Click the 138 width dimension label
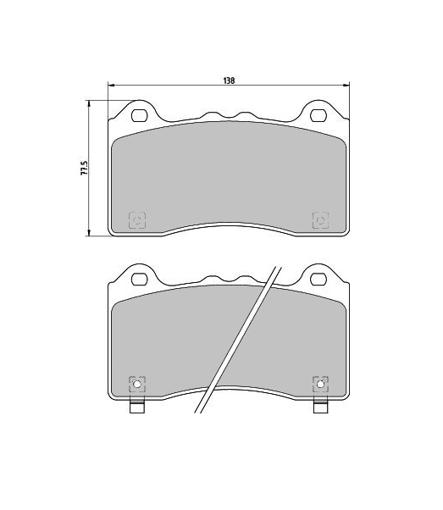tap(229, 80)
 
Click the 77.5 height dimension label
tap(84, 168)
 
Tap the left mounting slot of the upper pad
tap(140, 115)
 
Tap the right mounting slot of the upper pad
tap(318, 115)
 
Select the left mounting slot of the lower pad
tap(140, 279)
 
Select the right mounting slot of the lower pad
tap(318, 279)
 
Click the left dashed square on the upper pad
tap(137, 220)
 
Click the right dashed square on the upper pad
tap(320, 220)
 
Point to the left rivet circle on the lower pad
tap(137, 385)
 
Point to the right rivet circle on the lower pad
tap(320, 385)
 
